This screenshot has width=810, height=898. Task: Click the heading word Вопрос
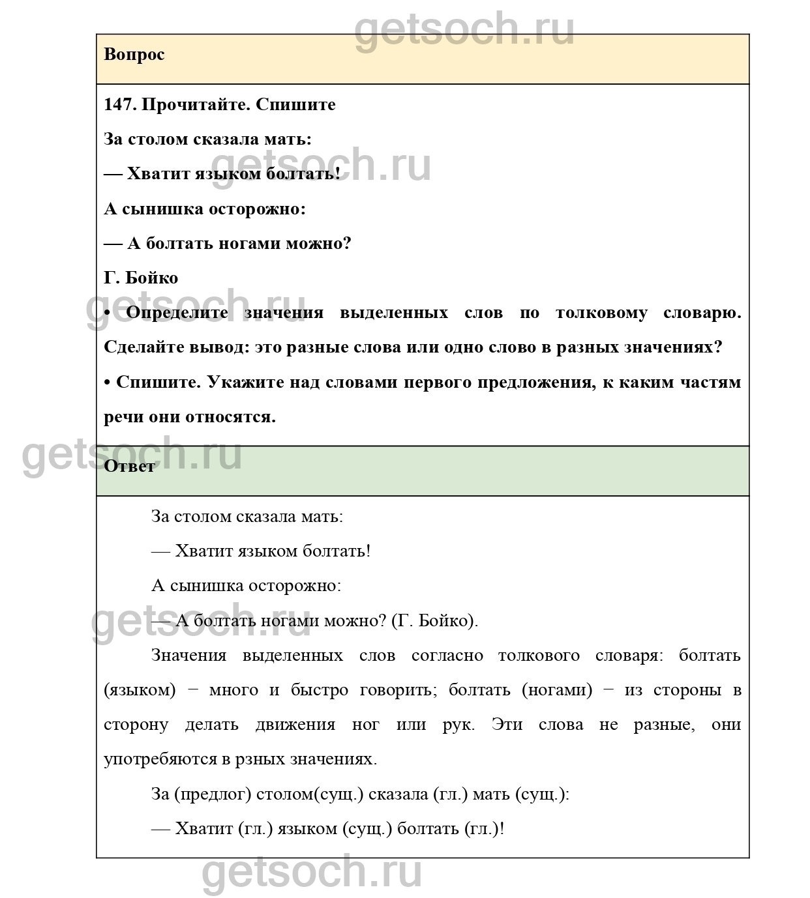click(134, 55)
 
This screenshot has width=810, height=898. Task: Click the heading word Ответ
click(129, 467)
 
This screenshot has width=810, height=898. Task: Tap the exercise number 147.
click(120, 105)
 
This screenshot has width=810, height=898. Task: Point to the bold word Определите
click(177, 313)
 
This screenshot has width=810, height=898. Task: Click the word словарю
click(702, 313)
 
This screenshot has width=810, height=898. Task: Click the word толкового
click(539, 656)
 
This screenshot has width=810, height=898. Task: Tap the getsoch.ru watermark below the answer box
click(312, 873)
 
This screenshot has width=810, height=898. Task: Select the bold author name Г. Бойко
click(141, 278)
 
